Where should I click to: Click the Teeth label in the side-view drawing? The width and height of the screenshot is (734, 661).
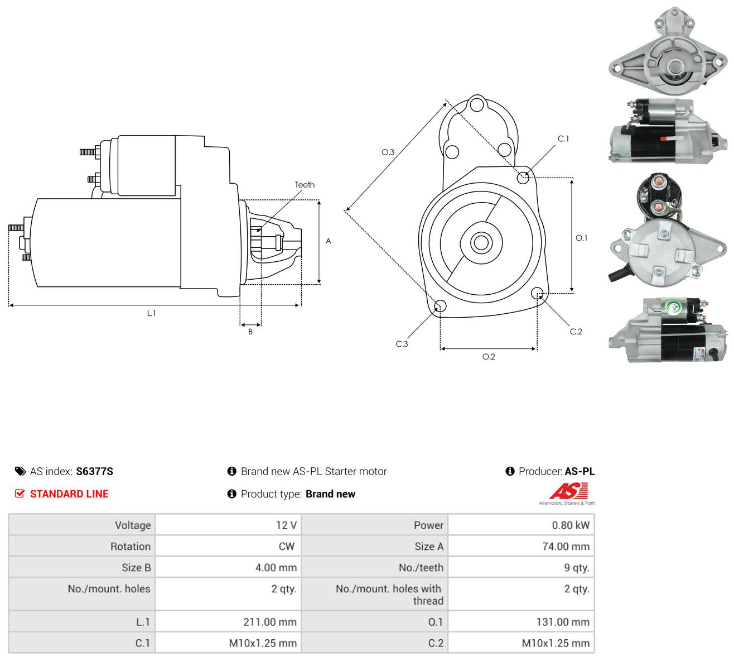coord(305,185)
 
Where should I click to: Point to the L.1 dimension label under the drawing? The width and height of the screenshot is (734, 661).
coord(151,313)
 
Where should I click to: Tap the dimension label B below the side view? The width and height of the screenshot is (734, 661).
coord(250,332)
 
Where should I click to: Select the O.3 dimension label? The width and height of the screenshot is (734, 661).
coord(388,152)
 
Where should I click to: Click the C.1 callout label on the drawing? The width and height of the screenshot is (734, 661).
coord(563,139)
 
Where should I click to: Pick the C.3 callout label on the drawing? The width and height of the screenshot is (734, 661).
coord(402,344)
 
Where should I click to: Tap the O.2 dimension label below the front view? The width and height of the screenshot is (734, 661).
coord(489,357)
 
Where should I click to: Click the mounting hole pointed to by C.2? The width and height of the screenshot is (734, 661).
coord(537,293)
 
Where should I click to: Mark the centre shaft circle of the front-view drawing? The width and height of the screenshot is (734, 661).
coord(481,242)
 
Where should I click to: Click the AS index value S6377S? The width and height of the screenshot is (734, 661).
coord(94,472)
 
